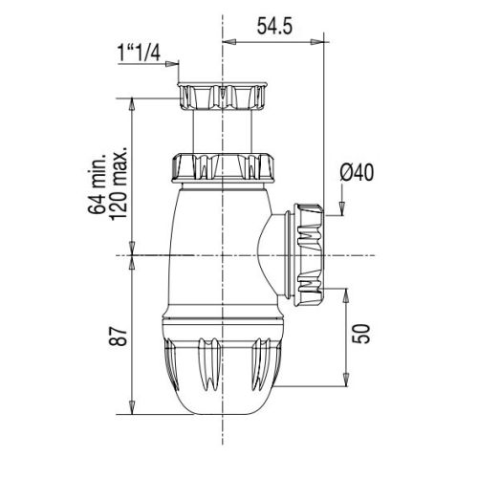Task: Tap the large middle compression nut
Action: (222, 166)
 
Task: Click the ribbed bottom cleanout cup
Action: (222, 363)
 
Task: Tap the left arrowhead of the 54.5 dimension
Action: (227, 42)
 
